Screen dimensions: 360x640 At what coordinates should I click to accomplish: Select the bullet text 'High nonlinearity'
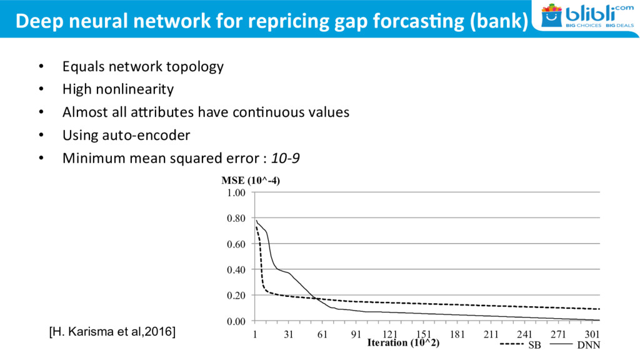click(x=118, y=89)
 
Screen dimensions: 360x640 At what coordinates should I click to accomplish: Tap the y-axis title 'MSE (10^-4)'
click(x=251, y=181)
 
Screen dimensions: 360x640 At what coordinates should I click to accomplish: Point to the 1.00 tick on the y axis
click(x=236, y=193)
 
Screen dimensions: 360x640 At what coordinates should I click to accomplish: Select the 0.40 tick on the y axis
click(x=236, y=270)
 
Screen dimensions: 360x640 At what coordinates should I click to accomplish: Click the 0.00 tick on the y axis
click(x=236, y=321)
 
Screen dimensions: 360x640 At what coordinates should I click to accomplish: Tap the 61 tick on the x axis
click(x=322, y=334)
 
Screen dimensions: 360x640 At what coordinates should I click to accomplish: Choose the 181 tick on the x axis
click(x=457, y=334)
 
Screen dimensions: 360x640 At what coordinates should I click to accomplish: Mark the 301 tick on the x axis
click(x=592, y=334)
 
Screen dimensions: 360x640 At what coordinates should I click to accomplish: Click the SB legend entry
click(x=522, y=344)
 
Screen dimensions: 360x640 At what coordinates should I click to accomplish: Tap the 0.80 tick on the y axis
click(x=236, y=219)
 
